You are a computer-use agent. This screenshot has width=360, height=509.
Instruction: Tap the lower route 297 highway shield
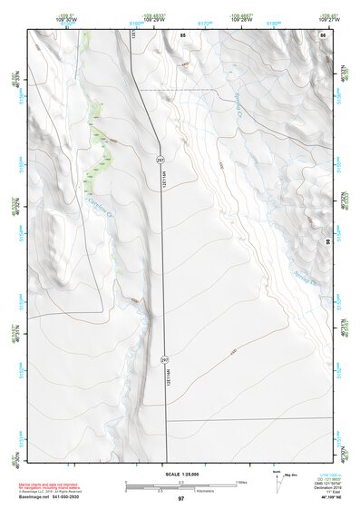164,360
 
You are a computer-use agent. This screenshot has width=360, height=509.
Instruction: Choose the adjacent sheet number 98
328,241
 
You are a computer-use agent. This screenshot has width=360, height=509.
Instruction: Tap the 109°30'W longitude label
65,17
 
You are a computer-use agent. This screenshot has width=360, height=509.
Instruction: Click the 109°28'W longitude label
242,17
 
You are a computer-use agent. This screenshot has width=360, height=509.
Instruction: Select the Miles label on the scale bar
244,481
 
